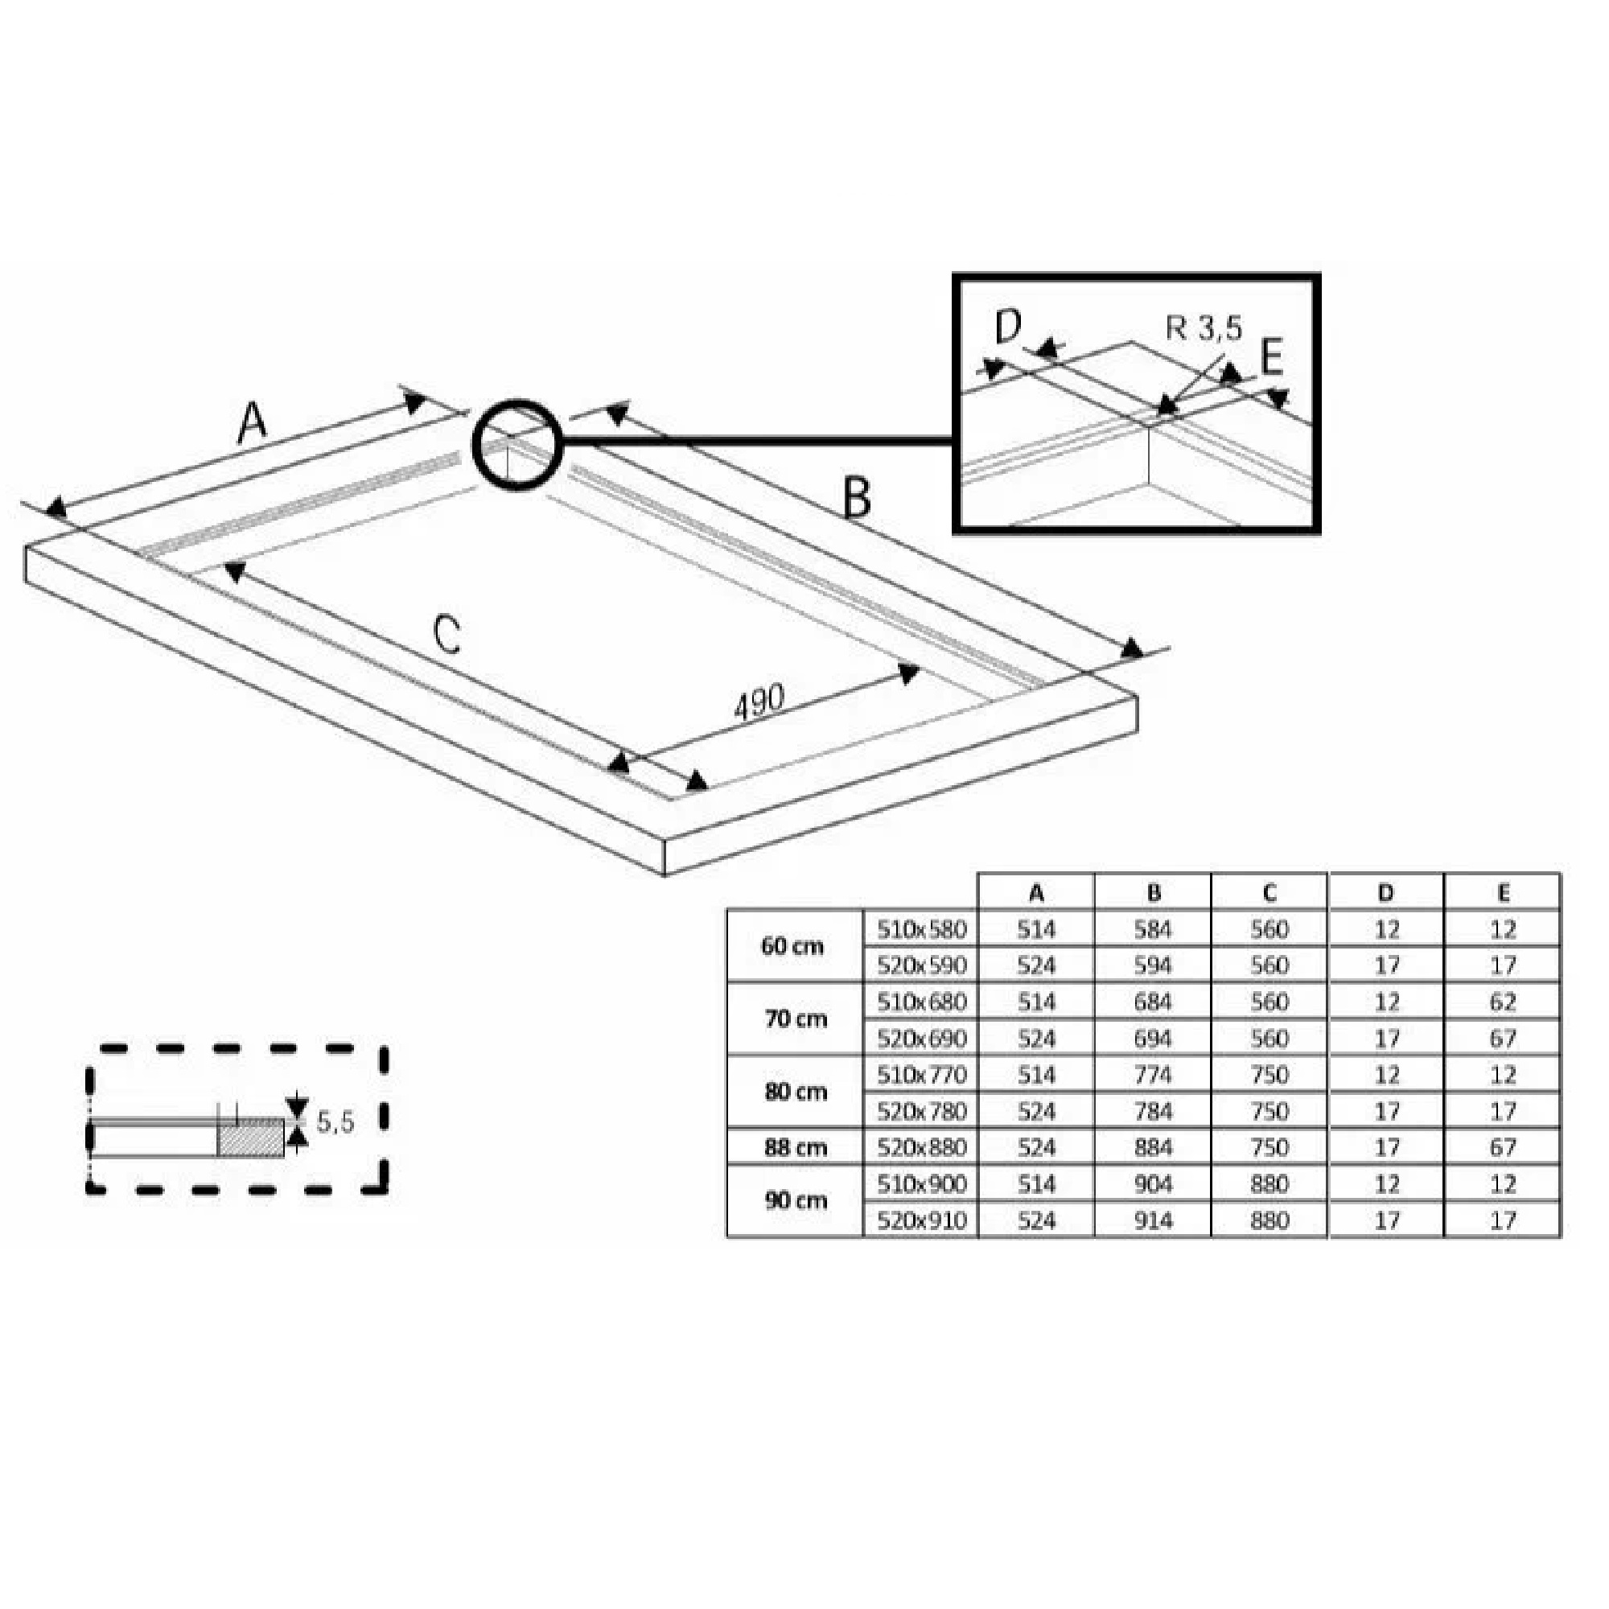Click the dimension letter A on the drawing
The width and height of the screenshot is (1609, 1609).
[x=252, y=422]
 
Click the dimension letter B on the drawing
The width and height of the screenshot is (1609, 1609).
[x=857, y=498]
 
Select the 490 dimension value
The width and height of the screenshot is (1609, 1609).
[x=759, y=702]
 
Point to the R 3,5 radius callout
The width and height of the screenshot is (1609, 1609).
[x=1204, y=329]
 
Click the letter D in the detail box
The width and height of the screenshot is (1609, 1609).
[x=1008, y=327]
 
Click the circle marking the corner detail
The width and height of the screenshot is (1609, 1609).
[x=517, y=446]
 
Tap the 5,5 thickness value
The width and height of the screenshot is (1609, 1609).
[x=335, y=1121]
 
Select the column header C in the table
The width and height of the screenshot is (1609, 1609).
[x=1270, y=894]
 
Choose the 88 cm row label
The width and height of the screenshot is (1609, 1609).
[x=796, y=1148]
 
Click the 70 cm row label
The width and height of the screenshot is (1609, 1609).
[x=796, y=1019]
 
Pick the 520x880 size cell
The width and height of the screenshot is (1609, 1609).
[x=921, y=1148]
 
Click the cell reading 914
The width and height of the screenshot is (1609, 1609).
[x=1154, y=1221]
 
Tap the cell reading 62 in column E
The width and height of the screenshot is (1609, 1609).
[x=1502, y=1002]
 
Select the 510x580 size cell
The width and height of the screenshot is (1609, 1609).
[x=921, y=929]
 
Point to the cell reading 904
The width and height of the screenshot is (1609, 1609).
[x=1154, y=1184]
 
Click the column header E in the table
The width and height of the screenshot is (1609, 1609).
[x=1502, y=894]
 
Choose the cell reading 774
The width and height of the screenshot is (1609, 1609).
[x=1154, y=1075]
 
